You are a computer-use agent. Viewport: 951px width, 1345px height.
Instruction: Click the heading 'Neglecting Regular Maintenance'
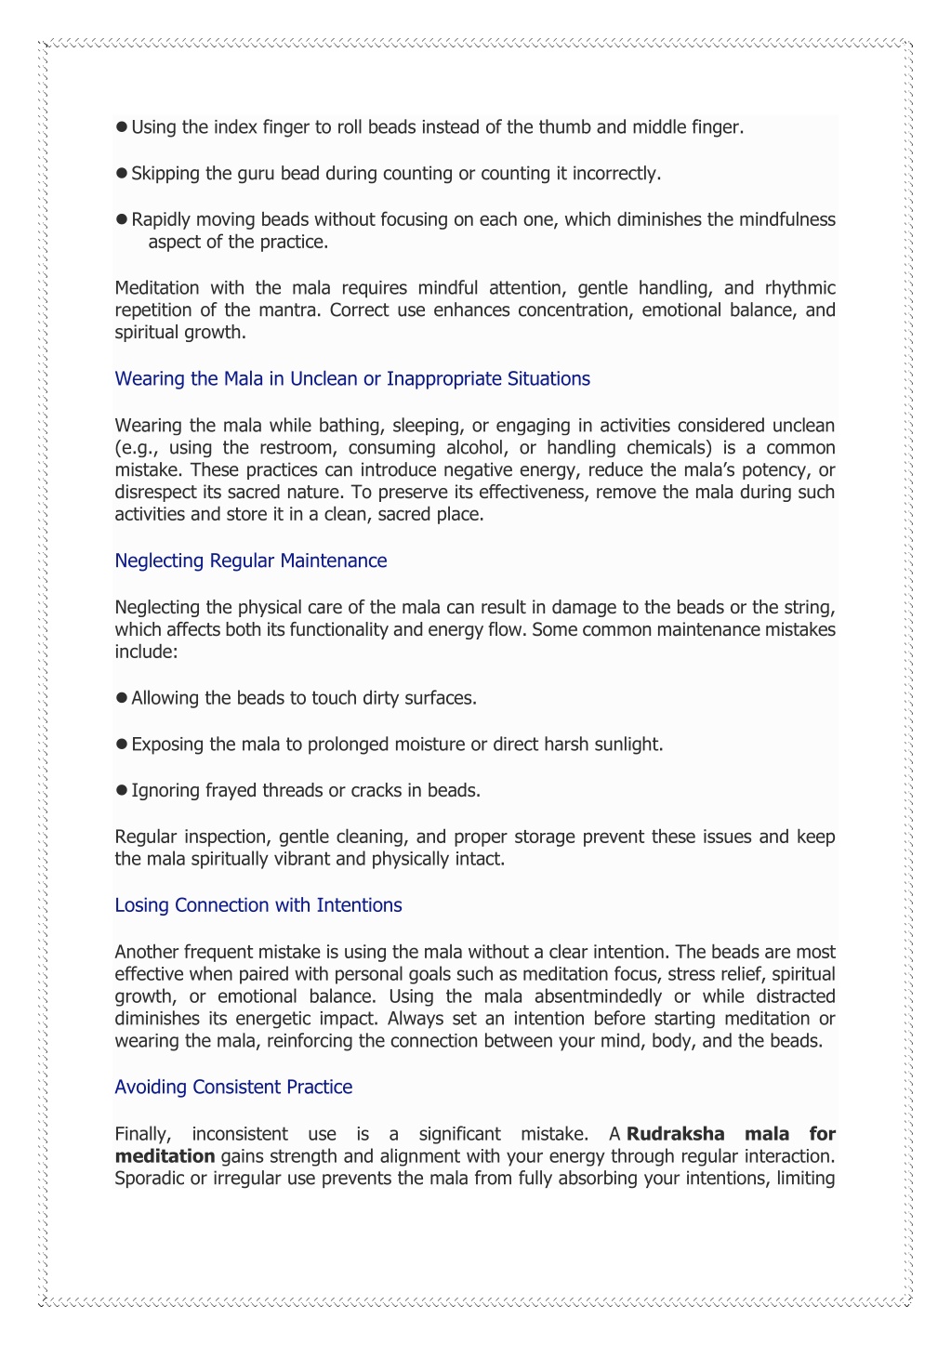[x=250, y=560]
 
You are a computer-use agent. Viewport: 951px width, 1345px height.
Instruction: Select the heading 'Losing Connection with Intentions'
[x=258, y=905]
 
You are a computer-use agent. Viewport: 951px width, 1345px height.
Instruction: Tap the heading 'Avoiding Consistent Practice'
[x=233, y=1087]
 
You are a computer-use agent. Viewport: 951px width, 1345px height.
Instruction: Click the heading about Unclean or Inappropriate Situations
[x=352, y=378]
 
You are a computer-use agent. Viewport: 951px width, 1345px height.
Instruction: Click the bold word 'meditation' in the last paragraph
[x=165, y=1156]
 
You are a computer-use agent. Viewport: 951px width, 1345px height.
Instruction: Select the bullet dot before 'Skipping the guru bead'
[x=121, y=173]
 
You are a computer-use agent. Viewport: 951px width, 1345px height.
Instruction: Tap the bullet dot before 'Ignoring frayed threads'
[x=121, y=791]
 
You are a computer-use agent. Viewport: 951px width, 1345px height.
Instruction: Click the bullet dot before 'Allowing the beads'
[x=121, y=698]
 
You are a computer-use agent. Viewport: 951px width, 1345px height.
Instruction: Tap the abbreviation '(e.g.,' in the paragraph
[x=137, y=448]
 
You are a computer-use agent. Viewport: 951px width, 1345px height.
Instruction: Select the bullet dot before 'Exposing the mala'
[x=121, y=745]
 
